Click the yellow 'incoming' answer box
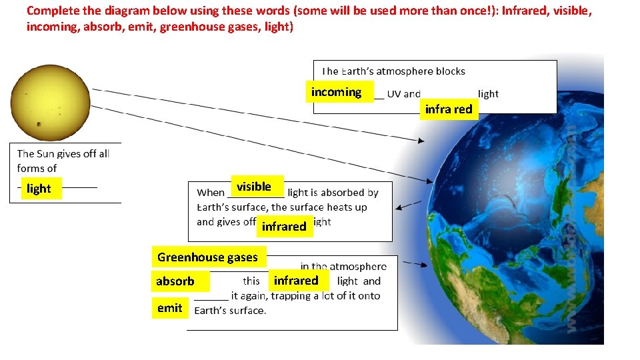[337, 92]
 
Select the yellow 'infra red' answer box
[449, 109]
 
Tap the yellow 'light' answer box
[39, 189]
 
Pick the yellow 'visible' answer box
[254, 186]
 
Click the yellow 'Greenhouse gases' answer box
[208, 257]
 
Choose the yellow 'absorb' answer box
[175, 281]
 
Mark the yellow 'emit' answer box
[170, 308]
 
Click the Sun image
[45, 99]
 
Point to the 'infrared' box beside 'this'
[296, 281]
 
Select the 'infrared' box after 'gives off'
[284, 227]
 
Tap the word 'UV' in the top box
[394, 94]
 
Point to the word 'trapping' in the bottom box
[296, 295]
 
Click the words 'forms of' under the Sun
[37, 169]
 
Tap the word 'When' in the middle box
[211, 193]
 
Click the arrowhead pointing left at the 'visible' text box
[399, 207]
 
